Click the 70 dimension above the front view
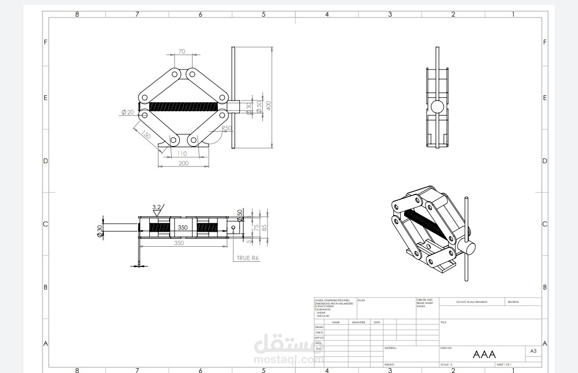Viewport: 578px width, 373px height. pyautogui.click(x=181, y=51)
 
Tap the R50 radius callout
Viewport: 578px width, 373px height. pyautogui.click(x=226, y=128)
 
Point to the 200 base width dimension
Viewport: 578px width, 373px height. pyautogui.click(x=183, y=163)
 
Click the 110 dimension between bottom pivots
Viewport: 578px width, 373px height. pyautogui.click(x=182, y=154)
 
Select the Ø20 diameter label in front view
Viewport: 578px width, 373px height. pyautogui.click(x=127, y=112)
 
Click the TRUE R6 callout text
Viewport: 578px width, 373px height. pyautogui.click(x=248, y=258)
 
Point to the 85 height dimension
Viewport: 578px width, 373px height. pyautogui.click(x=263, y=227)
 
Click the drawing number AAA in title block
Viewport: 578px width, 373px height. pyautogui.click(x=484, y=354)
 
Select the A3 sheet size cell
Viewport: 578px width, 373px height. pyautogui.click(x=533, y=351)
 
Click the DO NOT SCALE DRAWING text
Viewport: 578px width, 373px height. pyautogui.click(x=471, y=302)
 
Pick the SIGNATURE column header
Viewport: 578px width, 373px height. pyautogui.click(x=358, y=322)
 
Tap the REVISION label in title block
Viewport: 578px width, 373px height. pyautogui.click(x=513, y=302)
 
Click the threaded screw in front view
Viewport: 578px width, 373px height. pyautogui.click(x=181, y=106)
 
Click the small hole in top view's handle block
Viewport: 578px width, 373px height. pyautogui.click(x=233, y=227)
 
